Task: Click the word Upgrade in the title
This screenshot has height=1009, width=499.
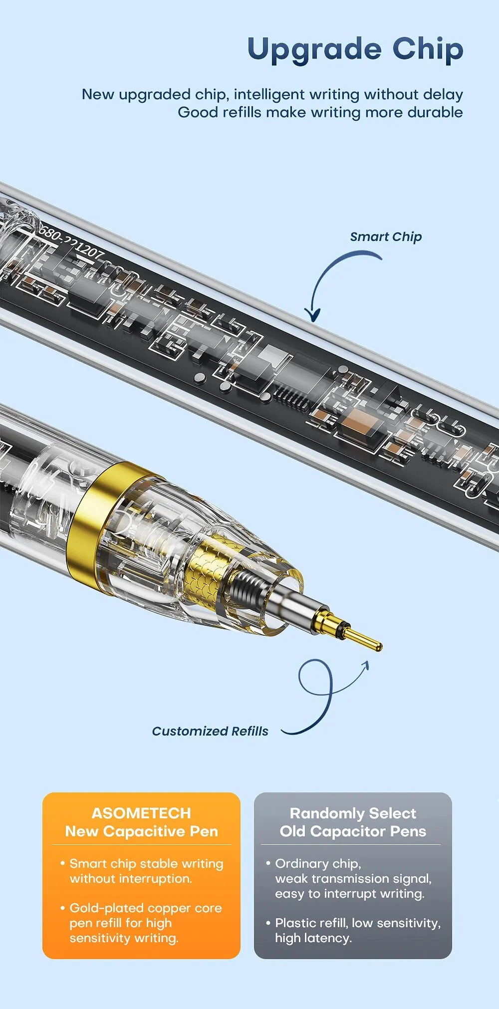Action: coord(315,50)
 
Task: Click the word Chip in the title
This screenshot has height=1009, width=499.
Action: coord(428,49)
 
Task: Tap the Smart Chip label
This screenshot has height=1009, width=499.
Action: coord(386,237)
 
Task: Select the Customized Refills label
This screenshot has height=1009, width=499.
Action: coord(210,731)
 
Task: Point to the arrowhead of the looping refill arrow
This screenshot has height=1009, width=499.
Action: coord(364,666)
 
